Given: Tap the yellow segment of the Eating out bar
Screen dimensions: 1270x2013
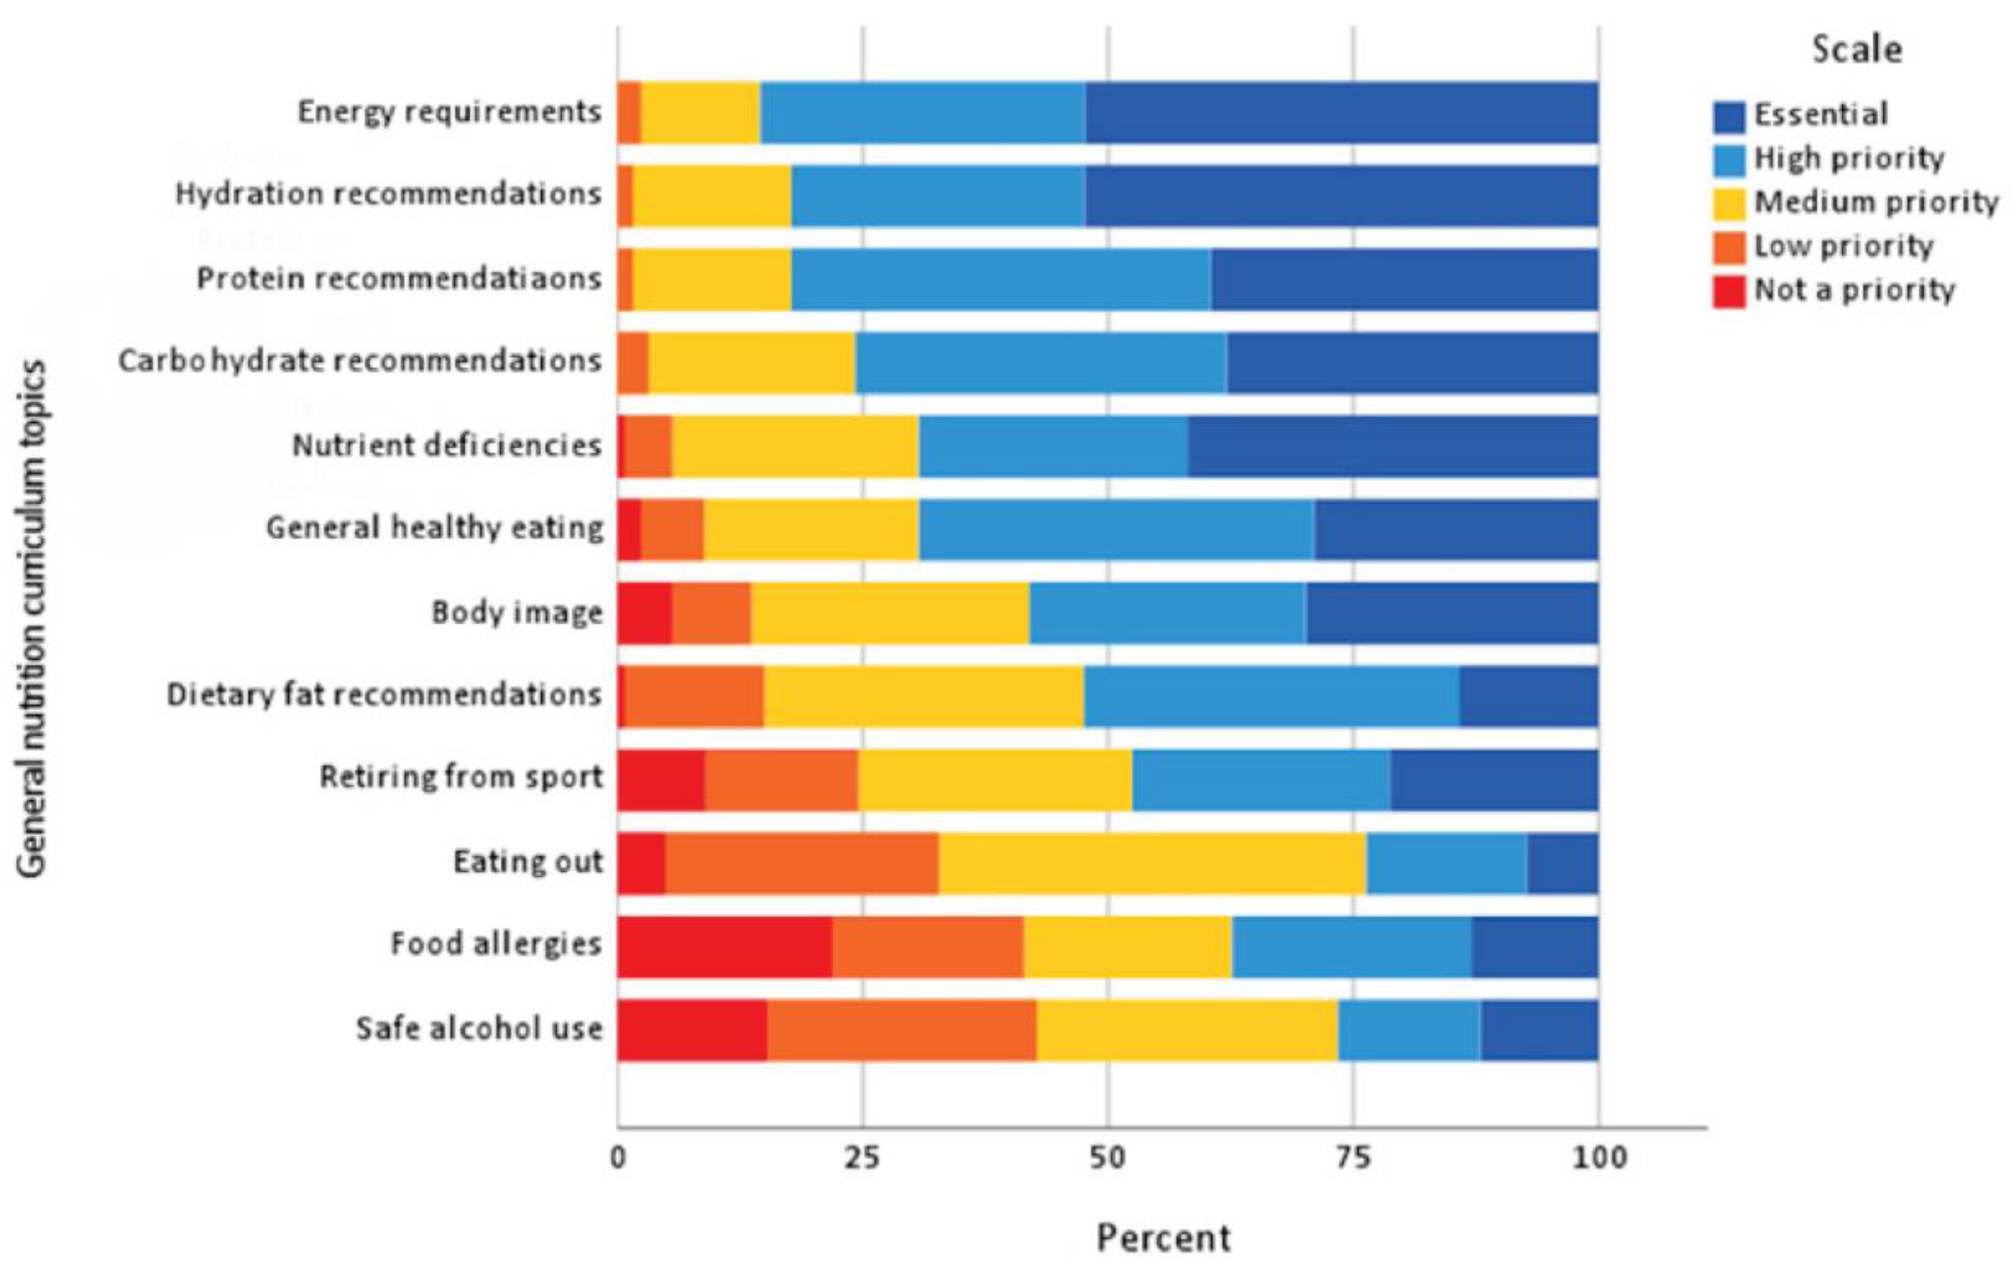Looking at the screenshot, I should (x=1152, y=863).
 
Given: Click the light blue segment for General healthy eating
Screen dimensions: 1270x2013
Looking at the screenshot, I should (x=1116, y=529).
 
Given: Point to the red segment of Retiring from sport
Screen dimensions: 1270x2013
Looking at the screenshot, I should (x=660, y=780).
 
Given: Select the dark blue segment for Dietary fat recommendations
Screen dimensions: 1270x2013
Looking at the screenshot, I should (x=1528, y=697).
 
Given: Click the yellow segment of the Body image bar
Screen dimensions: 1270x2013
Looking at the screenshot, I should (x=890, y=613).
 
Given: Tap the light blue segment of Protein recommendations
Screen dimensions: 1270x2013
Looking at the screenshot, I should (x=1001, y=279).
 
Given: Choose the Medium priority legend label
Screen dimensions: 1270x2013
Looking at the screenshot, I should (x=1875, y=202).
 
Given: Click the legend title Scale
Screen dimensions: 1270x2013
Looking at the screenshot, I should (x=1856, y=50).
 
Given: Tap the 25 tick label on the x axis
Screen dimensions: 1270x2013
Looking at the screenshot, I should (x=863, y=1157).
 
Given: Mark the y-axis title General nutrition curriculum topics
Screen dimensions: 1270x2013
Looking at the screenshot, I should (x=32, y=619).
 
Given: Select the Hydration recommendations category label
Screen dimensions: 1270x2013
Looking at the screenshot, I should (x=388, y=194).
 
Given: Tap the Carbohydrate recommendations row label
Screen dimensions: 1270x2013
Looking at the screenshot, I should (x=360, y=361).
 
